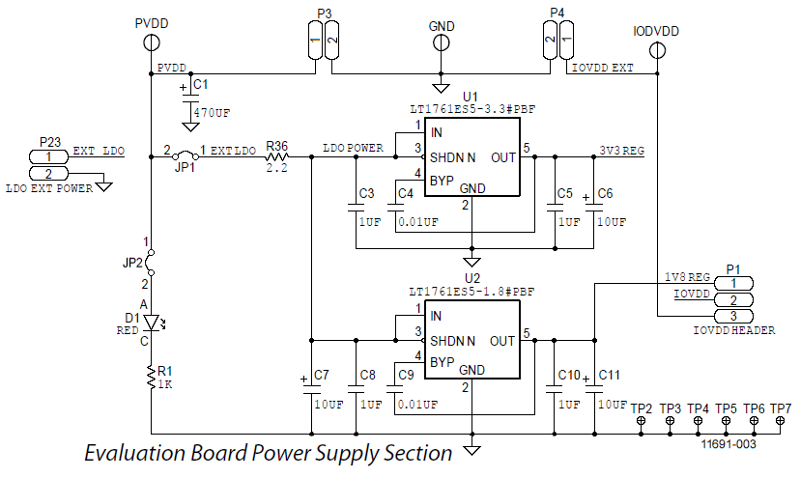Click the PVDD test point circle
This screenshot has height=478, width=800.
click(x=152, y=42)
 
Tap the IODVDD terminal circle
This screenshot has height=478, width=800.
click(x=657, y=50)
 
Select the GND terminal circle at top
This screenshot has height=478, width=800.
click(x=442, y=42)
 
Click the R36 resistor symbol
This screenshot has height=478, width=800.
click(x=277, y=156)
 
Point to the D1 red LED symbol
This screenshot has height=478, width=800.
click(x=152, y=322)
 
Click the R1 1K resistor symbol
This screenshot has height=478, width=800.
click(x=151, y=378)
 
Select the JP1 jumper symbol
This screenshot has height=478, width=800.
click(x=185, y=155)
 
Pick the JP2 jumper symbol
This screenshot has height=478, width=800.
click(x=150, y=263)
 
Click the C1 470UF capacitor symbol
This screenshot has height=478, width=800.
click(x=190, y=97)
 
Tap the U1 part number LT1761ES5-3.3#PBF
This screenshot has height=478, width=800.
click(x=472, y=109)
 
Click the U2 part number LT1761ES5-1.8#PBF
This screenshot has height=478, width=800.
click(x=471, y=292)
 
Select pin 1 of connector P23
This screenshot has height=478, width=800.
click(x=48, y=156)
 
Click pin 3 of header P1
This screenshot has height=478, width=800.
click(x=733, y=316)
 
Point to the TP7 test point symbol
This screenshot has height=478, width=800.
click(x=780, y=420)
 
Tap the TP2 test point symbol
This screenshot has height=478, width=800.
click(x=642, y=420)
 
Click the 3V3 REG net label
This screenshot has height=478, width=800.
click(x=621, y=151)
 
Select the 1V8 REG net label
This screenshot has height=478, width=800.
click(x=687, y=277)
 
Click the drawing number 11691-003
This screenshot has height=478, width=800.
click(x=729, y=444)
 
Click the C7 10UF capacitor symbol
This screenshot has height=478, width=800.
click(x=311, y=390)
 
